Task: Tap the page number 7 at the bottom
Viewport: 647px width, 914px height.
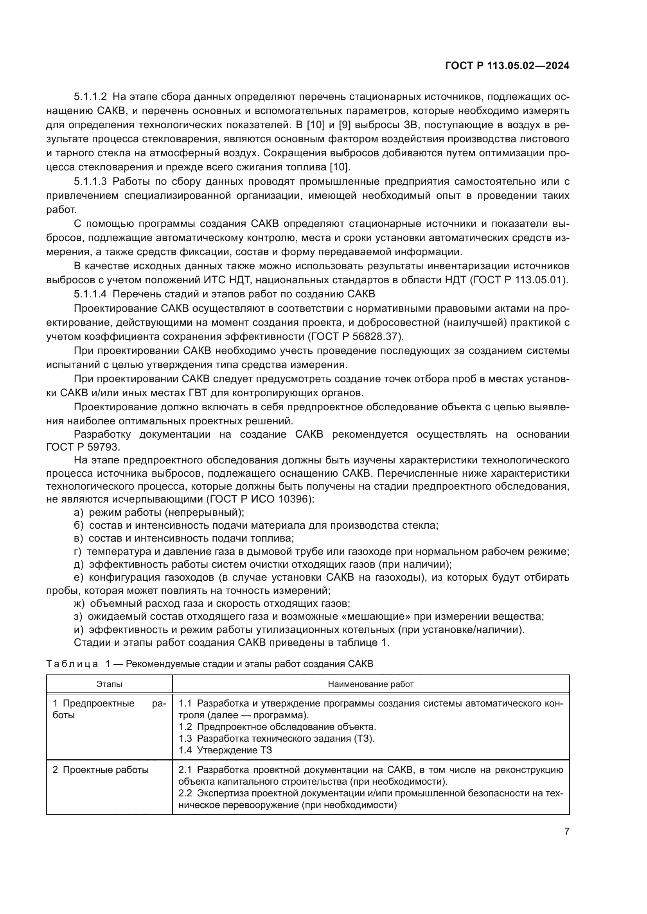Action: coord(566,831)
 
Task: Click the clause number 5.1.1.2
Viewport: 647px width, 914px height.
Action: coord(90,97)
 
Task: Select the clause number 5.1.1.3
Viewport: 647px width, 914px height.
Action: coord(90,182)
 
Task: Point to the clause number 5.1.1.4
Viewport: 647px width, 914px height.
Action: coord(90,294)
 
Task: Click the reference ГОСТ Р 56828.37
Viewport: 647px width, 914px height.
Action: coord(354,336)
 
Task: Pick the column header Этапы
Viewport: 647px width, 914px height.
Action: coord(109,684)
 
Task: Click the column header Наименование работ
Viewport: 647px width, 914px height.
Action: coord(370,684)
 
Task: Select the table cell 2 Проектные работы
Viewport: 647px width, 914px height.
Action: coord(101,769)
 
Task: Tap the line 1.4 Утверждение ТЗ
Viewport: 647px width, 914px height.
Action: coord(225,750)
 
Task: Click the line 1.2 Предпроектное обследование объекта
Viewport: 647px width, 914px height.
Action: coord(277,726)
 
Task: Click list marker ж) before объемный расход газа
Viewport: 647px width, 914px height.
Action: coord(79,603)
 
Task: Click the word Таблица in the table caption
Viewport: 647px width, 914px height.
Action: coord(72,664)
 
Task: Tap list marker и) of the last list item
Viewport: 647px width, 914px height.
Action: coord(79,630)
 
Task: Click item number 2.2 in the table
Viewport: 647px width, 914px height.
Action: coord(185,793)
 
